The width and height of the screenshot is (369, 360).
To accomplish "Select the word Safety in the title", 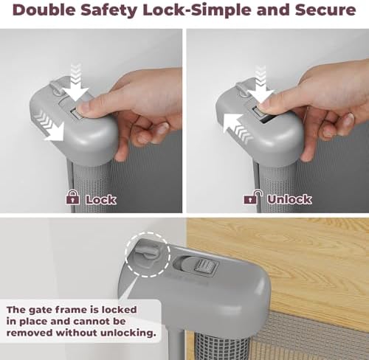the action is tap(110, 11).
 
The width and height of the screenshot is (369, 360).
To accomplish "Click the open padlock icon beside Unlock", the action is tap(252, 197).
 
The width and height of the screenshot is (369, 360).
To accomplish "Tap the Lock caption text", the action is tap(101, 199).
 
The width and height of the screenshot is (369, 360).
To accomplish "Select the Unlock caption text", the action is tap(289, 199).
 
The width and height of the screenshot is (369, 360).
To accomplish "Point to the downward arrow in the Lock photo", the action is tap(76, 83).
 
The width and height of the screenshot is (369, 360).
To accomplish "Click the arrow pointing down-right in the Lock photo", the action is tap(53, 128).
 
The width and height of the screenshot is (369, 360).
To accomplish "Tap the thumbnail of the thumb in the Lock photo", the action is tap(82, 109).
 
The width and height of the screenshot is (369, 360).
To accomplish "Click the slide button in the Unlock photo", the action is tap(259, 112).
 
